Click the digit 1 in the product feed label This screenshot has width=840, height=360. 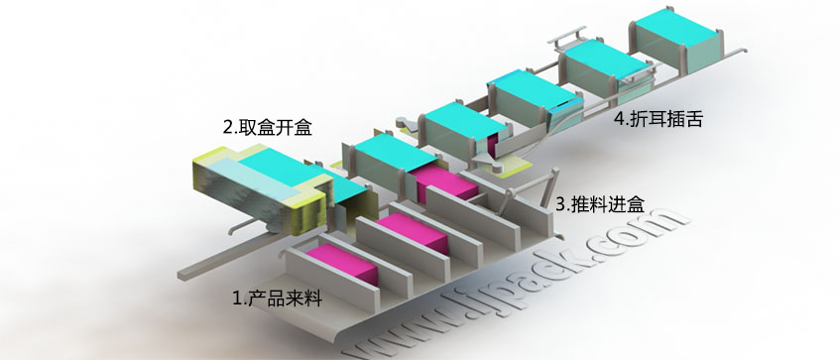click(236, 297)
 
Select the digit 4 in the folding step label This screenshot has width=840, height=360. click(620, 121)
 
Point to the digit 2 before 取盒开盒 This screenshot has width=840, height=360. click(227, 128)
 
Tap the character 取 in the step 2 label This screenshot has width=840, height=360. click(247, 128)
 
